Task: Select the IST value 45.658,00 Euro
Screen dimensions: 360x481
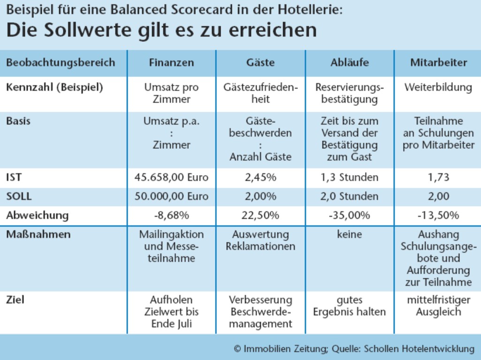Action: click(171, 178)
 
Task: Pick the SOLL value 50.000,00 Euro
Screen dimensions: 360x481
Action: click(171, 197)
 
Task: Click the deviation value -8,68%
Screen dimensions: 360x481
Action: click(171, 215)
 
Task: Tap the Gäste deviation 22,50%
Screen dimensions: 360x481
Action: click(260, 215)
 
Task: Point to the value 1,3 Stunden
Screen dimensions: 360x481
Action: click(349, 178)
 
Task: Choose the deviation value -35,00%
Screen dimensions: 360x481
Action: click(349, 215)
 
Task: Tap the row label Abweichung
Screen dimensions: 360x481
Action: click(37, 215)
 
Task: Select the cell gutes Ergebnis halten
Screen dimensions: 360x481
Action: click(349, 306)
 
